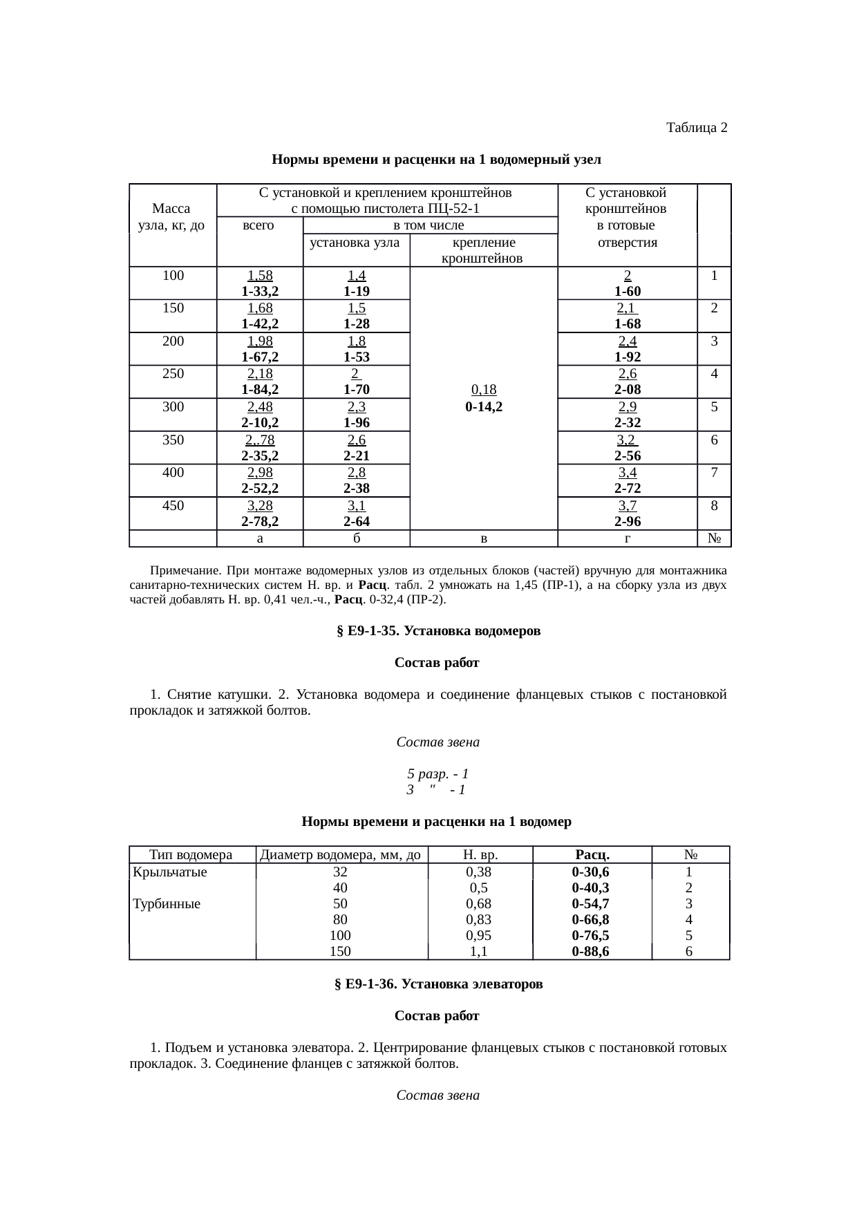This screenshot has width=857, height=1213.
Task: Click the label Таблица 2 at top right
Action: pyautogui.click(x=696, y=128)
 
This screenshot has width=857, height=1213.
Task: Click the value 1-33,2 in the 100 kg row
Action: pyautogui.click(x=260, y=291)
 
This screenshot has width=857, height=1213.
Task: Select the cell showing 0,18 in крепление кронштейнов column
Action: pyautogui.click(x=484, y=391)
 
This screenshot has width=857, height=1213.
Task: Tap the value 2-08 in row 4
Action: pyautogui.click(x=627, y=390)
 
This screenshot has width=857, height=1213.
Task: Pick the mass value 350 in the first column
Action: pyautogui.click(x=173, y=440)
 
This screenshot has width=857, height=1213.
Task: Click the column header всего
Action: pyautogui.click(x=260, y=225)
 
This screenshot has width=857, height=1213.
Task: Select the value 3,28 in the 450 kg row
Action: pyautogui.click(x=260, y=505)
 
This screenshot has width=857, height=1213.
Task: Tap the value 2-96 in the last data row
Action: pyautogui.click(x=627, y=521)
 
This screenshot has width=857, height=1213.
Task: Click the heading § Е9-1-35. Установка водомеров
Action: pyautogui.click(x=437, y=631)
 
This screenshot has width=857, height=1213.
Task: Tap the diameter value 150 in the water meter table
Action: pyautogui.click(x=340, y=951)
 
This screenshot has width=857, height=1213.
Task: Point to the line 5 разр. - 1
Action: pyautogui.click(x=437, y=773)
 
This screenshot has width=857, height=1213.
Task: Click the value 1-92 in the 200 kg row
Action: pyautogui.click(x=627, y=357)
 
